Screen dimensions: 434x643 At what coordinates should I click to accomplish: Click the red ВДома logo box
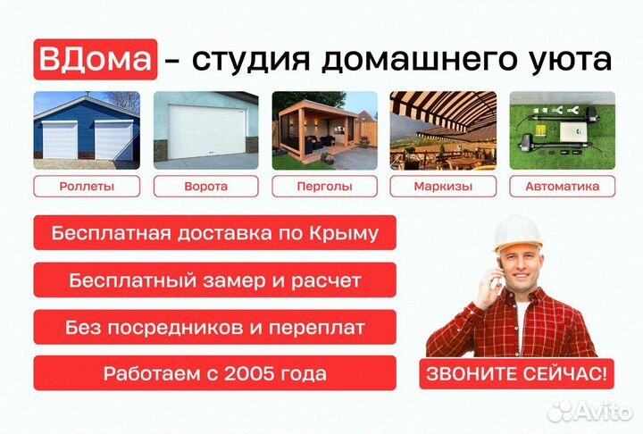click(x=96, y=60)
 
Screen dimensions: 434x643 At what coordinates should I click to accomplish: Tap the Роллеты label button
click(x=87, y=187)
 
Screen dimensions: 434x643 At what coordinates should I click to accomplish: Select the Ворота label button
click(x=205, y=187)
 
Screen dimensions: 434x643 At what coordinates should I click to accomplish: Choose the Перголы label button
click(x=324, y=187)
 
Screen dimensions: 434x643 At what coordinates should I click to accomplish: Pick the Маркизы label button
click(x=443, y=187)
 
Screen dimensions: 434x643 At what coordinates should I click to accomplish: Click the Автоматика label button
click(x=562, y=187)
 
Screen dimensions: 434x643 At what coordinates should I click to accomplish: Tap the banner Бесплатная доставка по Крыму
click(x=214, y=234)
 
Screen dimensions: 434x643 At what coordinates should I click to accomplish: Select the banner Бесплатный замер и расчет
click(x=214, y=280)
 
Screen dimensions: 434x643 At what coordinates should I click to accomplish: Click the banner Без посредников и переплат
click(x=214, y=327)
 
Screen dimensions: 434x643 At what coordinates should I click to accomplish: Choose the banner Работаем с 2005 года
click(x=214, y=373)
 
